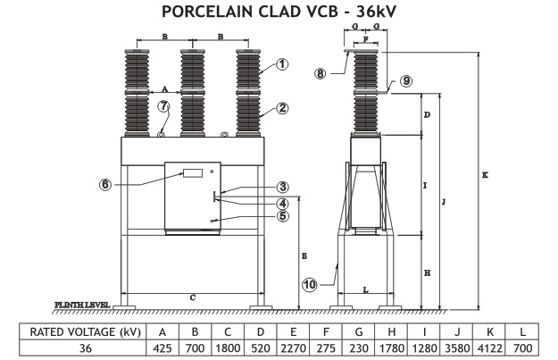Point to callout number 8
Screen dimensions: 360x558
(321, 73)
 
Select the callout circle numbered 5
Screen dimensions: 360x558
(282, 215)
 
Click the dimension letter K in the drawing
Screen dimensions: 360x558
(484, 176)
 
